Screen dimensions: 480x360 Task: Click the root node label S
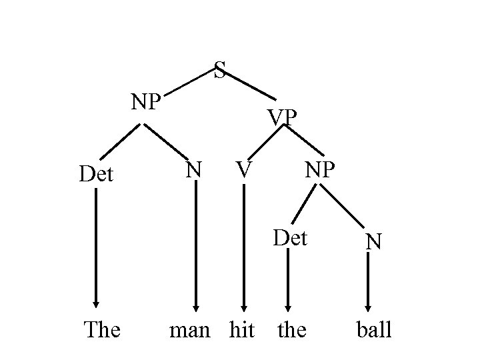point(221,70)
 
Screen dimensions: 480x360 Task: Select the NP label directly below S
point(146,102)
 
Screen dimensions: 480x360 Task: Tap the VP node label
point(282,117)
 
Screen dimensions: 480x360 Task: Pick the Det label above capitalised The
point(96,175)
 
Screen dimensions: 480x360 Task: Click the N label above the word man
point(194,170)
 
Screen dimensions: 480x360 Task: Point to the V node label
point(244,170)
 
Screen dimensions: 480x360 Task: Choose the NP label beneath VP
point(320,170)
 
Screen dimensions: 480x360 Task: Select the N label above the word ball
point(373,241)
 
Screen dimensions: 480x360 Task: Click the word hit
point(241,329)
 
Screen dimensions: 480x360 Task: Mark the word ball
point(373,329)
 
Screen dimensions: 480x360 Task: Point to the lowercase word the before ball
point(291,329)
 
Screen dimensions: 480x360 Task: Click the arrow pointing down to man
point(197,247)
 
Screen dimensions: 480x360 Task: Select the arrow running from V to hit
point(244,247)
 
